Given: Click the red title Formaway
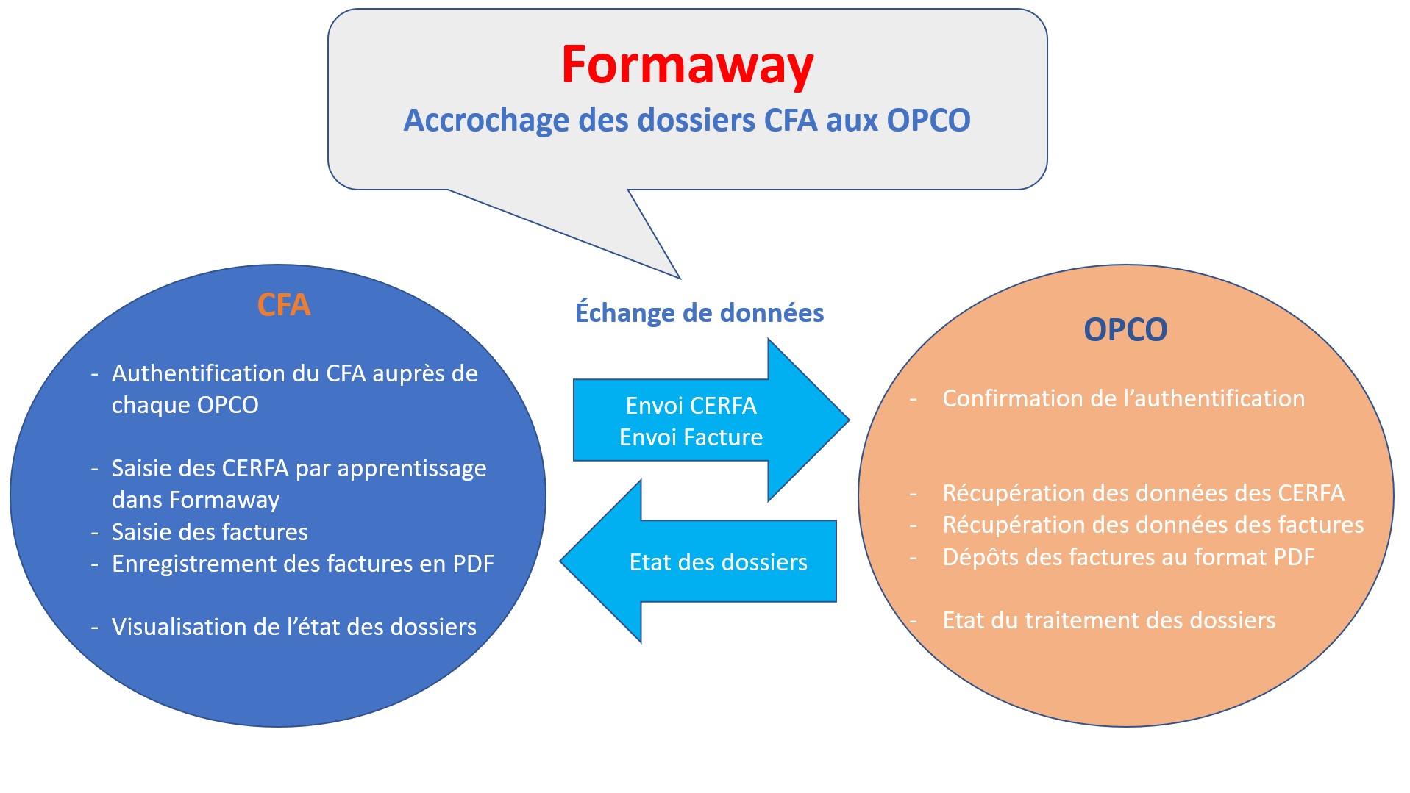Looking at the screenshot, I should click(x=687, y=65).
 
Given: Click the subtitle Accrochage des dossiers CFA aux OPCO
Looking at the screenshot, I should click(x=687, y=120).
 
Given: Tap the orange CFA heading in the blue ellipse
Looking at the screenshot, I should click(x=284, y=304).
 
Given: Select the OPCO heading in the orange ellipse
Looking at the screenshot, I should click(x=1125, y=329).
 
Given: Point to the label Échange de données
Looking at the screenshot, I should click(x=699, y=313).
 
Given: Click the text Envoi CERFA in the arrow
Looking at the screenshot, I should click(x=691, y=406).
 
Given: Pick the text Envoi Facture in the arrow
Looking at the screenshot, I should click(x=691, y=437).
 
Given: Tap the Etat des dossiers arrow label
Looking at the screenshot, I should click(x=718, y=562).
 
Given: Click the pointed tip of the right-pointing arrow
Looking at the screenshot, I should click(x=848, y=420).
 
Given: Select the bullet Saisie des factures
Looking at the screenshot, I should click(x=210, y=532).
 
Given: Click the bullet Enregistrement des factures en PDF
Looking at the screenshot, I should click(x=302, y=564).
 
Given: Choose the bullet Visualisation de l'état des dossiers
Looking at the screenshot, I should click(x=293, y=627).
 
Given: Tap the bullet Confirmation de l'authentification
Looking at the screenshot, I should click(x=1123, y=398).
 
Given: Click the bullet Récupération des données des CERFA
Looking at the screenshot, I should click(x=1143, y=493).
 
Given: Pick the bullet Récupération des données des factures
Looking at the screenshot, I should click(x=1153, y=525).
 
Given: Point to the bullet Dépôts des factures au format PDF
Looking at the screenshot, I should click(x=1128, y=557).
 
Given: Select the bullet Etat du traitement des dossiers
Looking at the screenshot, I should click(x=1108, y=620).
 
